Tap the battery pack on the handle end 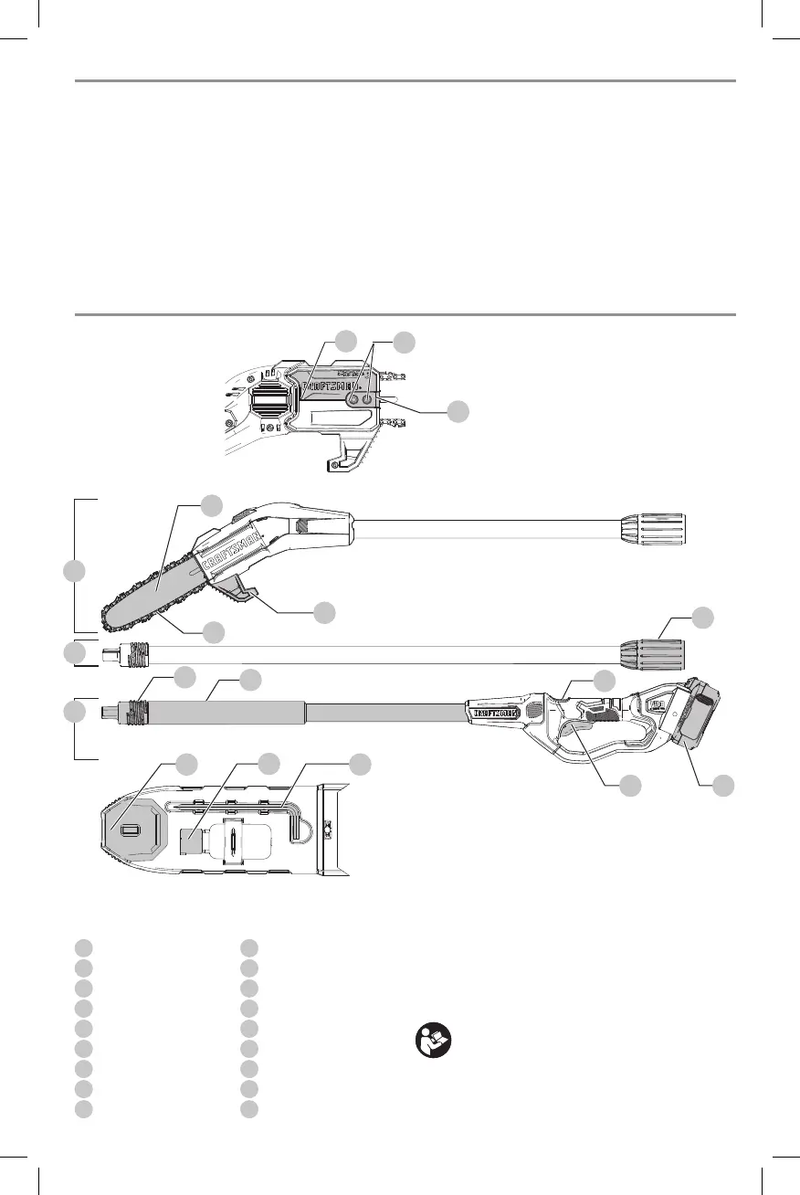(704, 717)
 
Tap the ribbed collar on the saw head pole (652, 530)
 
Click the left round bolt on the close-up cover (354, 399)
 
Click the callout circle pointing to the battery (724, 784)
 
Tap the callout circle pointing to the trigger (627, 784)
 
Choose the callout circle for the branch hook (323, 612)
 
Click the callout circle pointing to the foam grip (250, 679)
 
